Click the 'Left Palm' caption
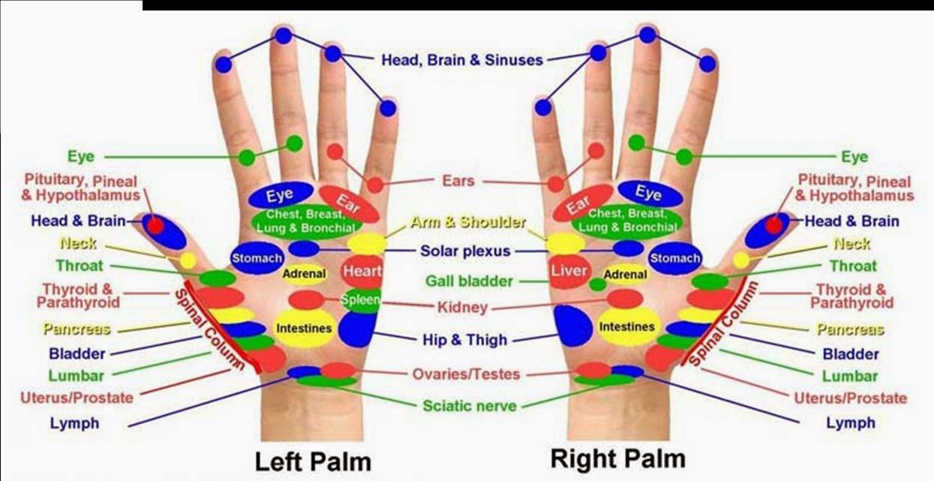pos(313,460)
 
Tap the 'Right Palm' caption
pos(617,457)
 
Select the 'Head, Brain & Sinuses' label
pos(461,60)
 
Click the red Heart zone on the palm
pos(362,271)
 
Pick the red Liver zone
pos(569,271)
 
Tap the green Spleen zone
pos(362,300)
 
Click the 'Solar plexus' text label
pos(465,251)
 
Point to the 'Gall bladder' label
pos(469,281)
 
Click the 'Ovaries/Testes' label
pos(466,374)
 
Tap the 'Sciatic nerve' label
pos(470,406)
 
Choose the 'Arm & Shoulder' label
pos(468,223)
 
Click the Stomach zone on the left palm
pos(257,258)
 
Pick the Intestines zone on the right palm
pos(626,327)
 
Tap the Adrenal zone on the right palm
pos(625,275)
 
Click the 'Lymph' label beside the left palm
pos(74,423)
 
